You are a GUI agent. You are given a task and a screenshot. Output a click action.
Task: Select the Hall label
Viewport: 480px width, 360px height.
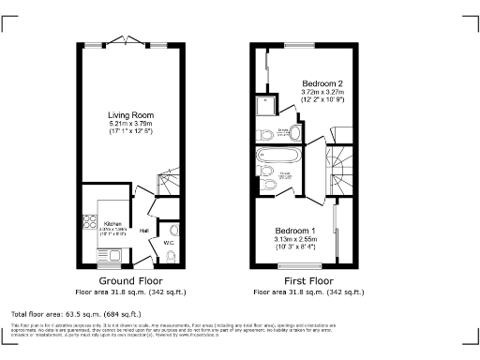(144, 230)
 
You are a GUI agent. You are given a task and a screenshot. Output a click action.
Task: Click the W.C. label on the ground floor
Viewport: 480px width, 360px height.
(170, 243)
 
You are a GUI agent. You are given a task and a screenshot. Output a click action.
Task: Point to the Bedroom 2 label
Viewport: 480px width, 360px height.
(322, 84)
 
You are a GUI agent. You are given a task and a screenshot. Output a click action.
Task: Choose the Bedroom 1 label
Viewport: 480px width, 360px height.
(294, 231)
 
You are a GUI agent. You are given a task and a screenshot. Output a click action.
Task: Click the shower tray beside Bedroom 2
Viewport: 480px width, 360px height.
(266, 102)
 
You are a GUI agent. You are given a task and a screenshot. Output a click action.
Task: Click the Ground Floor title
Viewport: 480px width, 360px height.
(130, 280)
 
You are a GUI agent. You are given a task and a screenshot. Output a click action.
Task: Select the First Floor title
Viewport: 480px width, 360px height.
(307, 280)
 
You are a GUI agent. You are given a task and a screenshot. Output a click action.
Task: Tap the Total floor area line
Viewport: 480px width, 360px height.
(75, 313)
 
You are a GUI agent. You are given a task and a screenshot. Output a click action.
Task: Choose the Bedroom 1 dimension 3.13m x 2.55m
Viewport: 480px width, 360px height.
(294, 240)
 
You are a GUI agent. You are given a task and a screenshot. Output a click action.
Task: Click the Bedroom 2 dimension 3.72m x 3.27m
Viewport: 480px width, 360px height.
(322, 94)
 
